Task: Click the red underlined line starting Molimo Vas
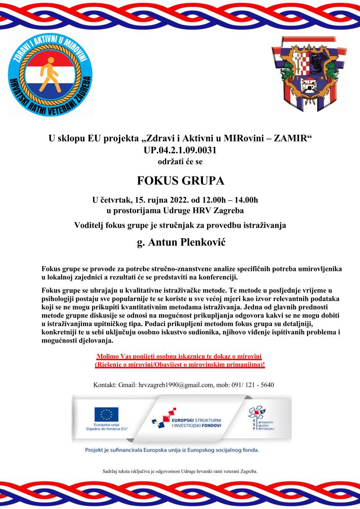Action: [x=180, y=356]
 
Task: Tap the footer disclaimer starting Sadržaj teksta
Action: [x=180, y=471]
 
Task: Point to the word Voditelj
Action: [x=90, y=225]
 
